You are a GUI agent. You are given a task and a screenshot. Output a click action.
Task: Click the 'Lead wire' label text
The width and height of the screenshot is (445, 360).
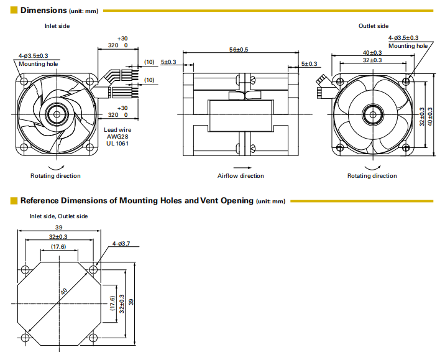point(117,130)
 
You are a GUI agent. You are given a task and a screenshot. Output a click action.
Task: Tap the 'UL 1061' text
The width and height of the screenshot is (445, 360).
point(117,144)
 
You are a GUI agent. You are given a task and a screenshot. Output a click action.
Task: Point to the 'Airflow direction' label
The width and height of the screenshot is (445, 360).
point(241,176)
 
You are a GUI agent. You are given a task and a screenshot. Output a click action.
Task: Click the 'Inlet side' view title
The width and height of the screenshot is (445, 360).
point(57,26)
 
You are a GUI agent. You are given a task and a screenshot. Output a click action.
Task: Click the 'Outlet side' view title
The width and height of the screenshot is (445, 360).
point(374,26)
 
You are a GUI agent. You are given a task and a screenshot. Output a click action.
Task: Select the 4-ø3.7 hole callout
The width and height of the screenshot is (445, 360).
point(121,243)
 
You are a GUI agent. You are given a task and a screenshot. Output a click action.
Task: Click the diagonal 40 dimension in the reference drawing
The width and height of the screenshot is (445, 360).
point(63,291)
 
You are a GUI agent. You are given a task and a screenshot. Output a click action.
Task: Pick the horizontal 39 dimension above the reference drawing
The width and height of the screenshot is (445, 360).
point(60,228)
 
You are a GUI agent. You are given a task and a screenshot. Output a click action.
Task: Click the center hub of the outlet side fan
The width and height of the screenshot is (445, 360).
point(373,113)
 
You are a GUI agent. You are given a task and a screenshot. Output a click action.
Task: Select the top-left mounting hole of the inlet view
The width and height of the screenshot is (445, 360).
point(24,80)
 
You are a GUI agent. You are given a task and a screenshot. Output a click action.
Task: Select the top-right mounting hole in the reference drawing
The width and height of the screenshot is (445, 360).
point(93,270)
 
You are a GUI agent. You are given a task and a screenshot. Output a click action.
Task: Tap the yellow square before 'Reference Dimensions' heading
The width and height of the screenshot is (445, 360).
point(14,201)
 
